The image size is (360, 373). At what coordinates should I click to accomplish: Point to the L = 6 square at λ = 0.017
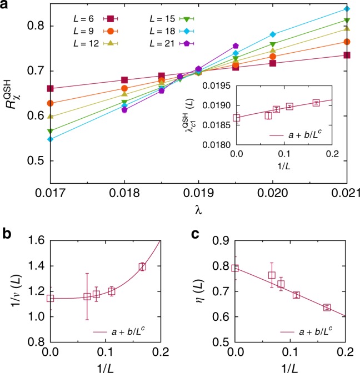[x=51, y=88]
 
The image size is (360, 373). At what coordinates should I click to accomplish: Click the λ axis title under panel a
[x=198, y=210]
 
